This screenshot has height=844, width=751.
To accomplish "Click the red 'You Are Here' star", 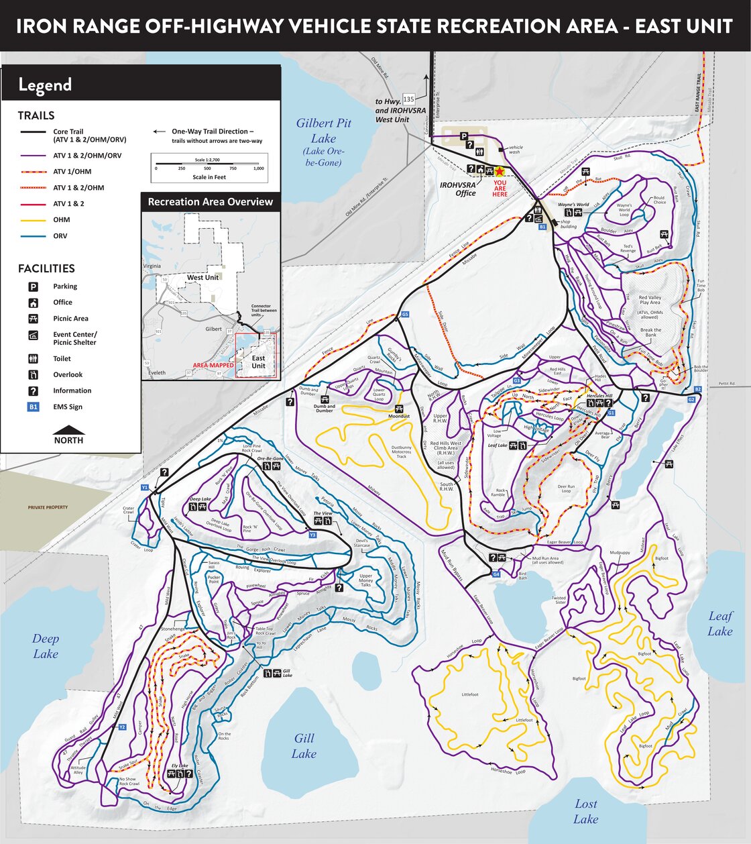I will point(500,172).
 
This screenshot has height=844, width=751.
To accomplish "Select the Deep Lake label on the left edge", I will point(46,646).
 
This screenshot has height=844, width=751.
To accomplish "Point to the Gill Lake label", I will point(304,745).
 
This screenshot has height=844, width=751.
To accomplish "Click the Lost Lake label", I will point(586,811).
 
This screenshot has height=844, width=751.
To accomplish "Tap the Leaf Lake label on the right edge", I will point(720,623).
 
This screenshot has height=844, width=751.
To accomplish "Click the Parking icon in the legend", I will point(33,286).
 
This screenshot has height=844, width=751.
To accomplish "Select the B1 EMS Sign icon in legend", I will point(33,407).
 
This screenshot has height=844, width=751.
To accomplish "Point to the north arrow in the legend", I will point(69,430).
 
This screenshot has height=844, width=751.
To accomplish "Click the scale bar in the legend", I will point(209,164).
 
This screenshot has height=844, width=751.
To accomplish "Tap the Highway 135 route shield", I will point(408,99).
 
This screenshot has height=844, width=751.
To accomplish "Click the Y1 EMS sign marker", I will point(144,487).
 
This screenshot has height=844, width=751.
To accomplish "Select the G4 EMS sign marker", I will point(496,574).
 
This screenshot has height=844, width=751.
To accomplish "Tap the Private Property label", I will point(48,507).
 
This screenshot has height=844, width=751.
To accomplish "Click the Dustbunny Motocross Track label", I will point(401,452).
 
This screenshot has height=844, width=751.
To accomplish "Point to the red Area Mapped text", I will point(213,366).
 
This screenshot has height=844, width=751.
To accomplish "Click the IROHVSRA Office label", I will point(457,189).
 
